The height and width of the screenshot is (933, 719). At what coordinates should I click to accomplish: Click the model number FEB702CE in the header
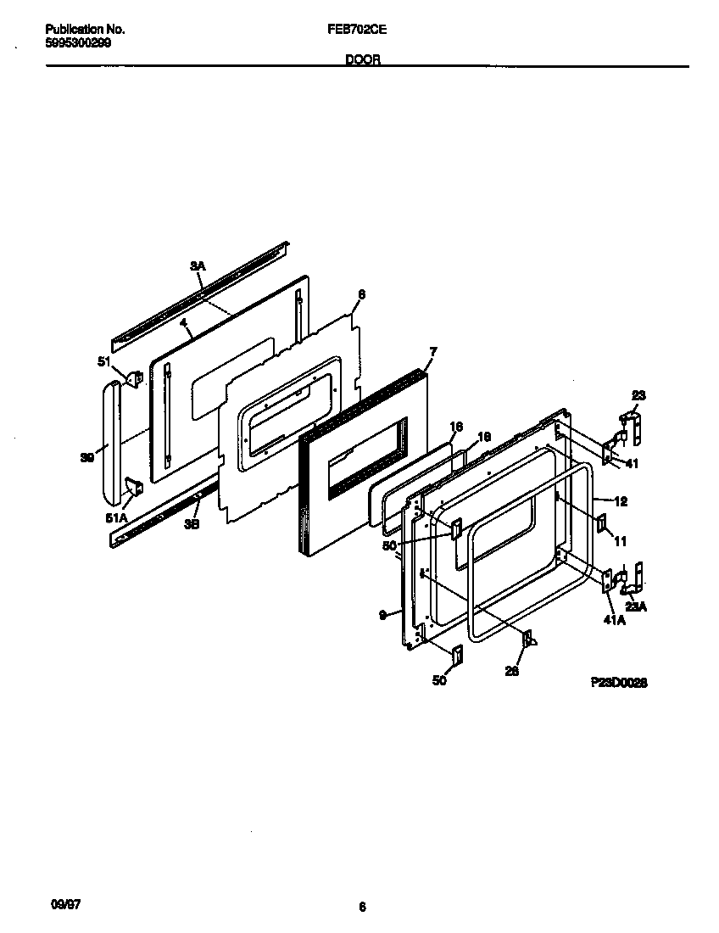pyautogui.click(x=357, y=29)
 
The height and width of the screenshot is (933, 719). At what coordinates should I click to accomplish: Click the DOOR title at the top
pyautogui.click(x=362, y=59)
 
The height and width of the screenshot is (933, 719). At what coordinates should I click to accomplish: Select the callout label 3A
pyautogui.click(x=197, y=266)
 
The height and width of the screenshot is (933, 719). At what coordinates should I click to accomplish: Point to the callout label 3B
pyautogui.click(x=192, y=524)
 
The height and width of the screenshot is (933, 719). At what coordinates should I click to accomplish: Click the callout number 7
pyautogui.click(x=432, y=350)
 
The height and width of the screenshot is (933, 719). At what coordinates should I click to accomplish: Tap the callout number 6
pyautogui.click(x=361, y=294)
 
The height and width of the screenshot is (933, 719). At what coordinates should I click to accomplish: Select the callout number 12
pyautogui.click(x=621, y=501)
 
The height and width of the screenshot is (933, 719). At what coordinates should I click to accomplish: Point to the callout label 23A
pyautogui.click(x=636, y=606)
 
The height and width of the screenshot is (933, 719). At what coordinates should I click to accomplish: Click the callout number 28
pyautogui.click(x=510, y=670)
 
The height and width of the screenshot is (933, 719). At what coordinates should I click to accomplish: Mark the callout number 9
pyautogui.click(x=382, y=612)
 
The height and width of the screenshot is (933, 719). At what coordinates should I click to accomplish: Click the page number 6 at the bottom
pyautogui.click(x=362, y=908)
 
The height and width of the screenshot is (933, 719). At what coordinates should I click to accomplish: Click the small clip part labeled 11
pyautogui.click(x=602, y=523)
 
